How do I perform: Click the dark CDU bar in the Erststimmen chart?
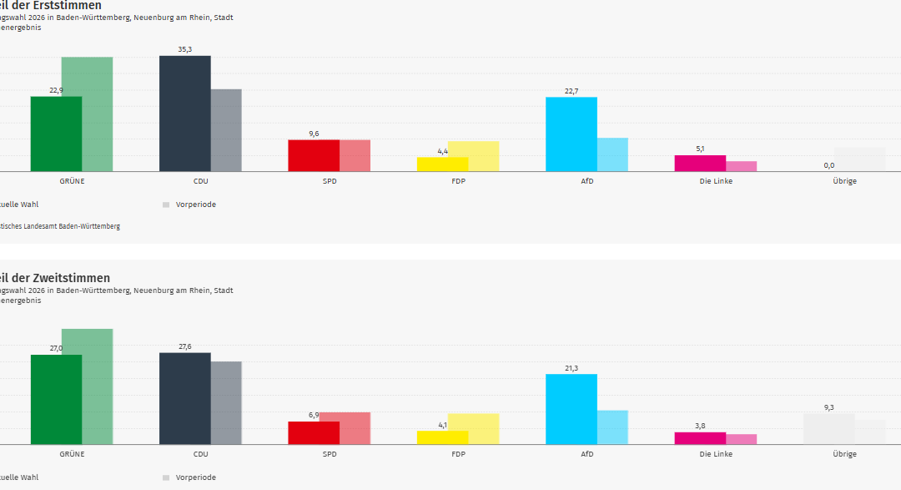184,114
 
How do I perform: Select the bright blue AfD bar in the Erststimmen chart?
571,134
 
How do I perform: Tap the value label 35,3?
184,49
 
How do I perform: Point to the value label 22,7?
571,91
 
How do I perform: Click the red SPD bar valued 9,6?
313,155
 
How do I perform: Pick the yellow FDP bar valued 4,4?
442,164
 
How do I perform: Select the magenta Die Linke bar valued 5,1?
700,164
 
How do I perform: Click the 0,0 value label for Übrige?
828,165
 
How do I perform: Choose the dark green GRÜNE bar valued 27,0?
56,399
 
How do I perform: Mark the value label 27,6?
184,346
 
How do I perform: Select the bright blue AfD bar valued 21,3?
571,409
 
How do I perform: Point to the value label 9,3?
828,407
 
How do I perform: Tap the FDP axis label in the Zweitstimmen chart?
458,454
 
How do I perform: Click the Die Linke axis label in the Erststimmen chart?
716,181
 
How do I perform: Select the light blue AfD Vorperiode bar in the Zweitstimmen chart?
613,427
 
